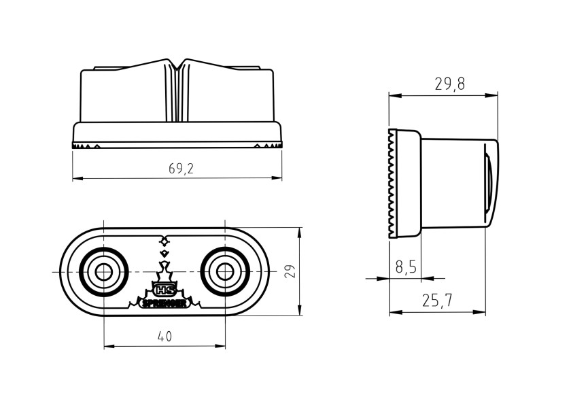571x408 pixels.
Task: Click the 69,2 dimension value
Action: [181, 169]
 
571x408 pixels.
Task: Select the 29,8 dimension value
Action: [450, 84]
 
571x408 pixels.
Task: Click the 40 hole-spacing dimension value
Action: [165, 336]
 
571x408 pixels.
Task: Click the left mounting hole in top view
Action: [103, 272]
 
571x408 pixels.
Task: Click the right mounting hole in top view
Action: [224, 272]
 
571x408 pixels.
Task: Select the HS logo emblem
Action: [164, 290]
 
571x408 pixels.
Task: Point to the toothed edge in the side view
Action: [392, 184]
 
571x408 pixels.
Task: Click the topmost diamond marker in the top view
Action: [164, 241]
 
